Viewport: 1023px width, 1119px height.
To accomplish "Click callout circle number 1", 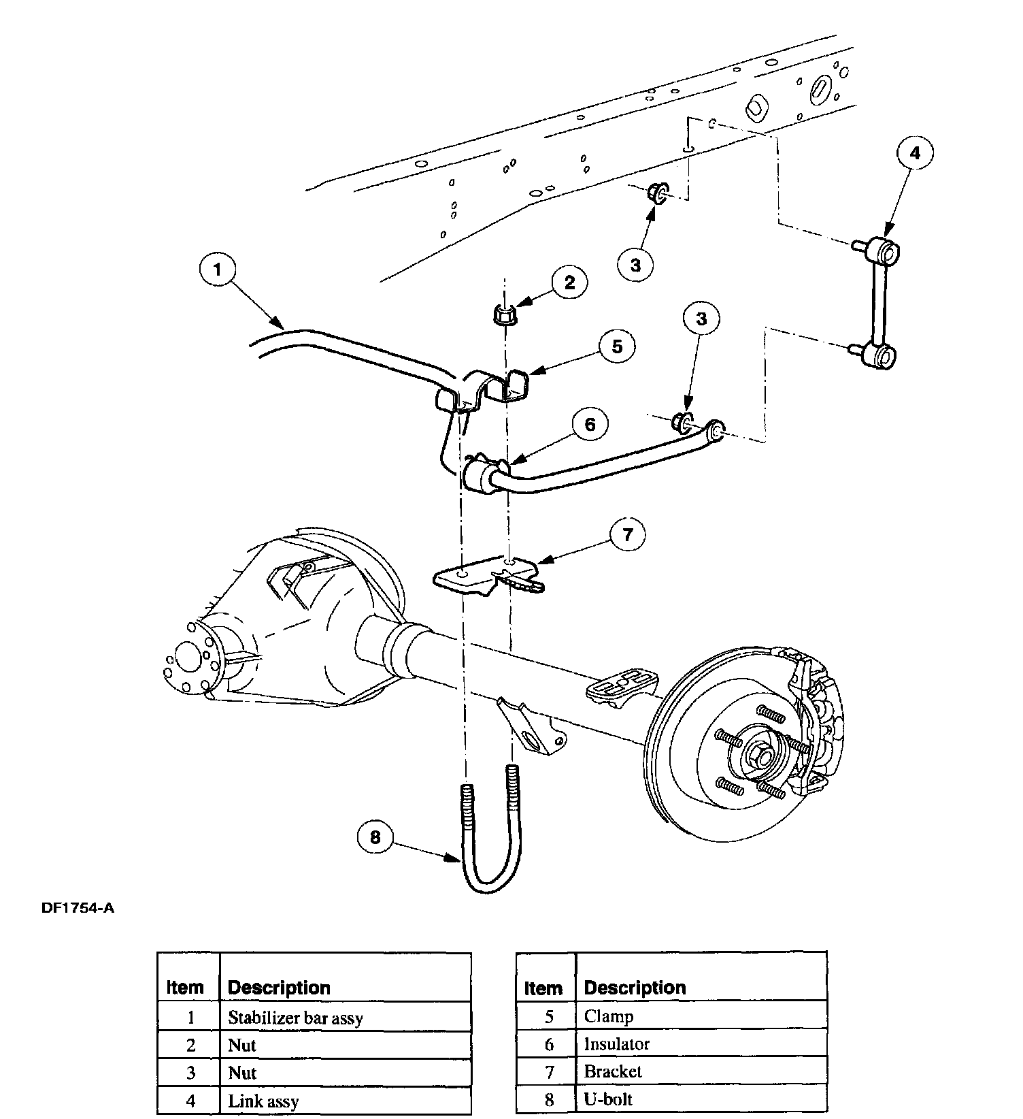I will tap(217, 270).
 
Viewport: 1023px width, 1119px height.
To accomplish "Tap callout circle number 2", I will tap(569, 282).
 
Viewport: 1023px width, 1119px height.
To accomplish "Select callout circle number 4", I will tap(915, 154).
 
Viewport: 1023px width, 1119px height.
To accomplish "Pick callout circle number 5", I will tap(616, 346).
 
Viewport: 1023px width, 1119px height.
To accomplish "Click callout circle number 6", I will tap(590, 425).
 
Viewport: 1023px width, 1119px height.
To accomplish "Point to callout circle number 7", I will tap(626, 535).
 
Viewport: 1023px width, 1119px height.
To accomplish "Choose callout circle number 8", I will tap(375, 837).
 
